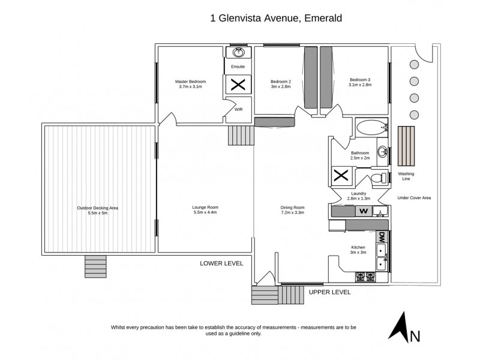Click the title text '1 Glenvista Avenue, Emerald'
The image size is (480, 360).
click(x=276, y=18)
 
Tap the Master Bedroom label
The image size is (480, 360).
click(x=191, y=81)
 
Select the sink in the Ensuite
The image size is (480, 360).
click(x=238, y=53)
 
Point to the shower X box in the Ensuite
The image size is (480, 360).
click(x=238, y=84)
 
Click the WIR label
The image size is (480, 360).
click(x=238, y=110)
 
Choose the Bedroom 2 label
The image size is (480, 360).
click(x=280, y=81)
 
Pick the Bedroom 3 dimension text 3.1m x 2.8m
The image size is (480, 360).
click(x=361, y=86)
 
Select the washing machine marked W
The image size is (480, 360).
click(x=363, y=211)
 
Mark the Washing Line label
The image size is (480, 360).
click(x=406, y=176)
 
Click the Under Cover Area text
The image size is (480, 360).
click(x=415, y=197)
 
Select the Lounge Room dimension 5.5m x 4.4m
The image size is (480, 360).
click(x=204, y=213)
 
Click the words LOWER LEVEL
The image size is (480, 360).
click(x=221, y=263)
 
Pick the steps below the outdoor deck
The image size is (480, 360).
click(x=96, y=266)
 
